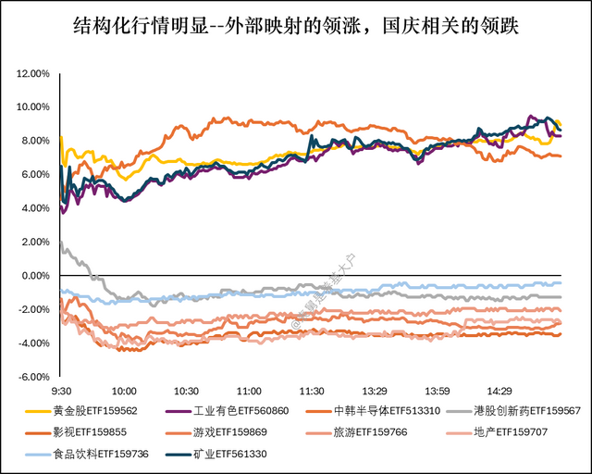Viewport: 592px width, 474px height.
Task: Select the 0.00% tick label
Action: tap(33, 276)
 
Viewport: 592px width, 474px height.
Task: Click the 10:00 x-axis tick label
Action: tap(124, 392)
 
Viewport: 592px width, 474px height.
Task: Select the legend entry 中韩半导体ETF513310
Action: tap(387, 411)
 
